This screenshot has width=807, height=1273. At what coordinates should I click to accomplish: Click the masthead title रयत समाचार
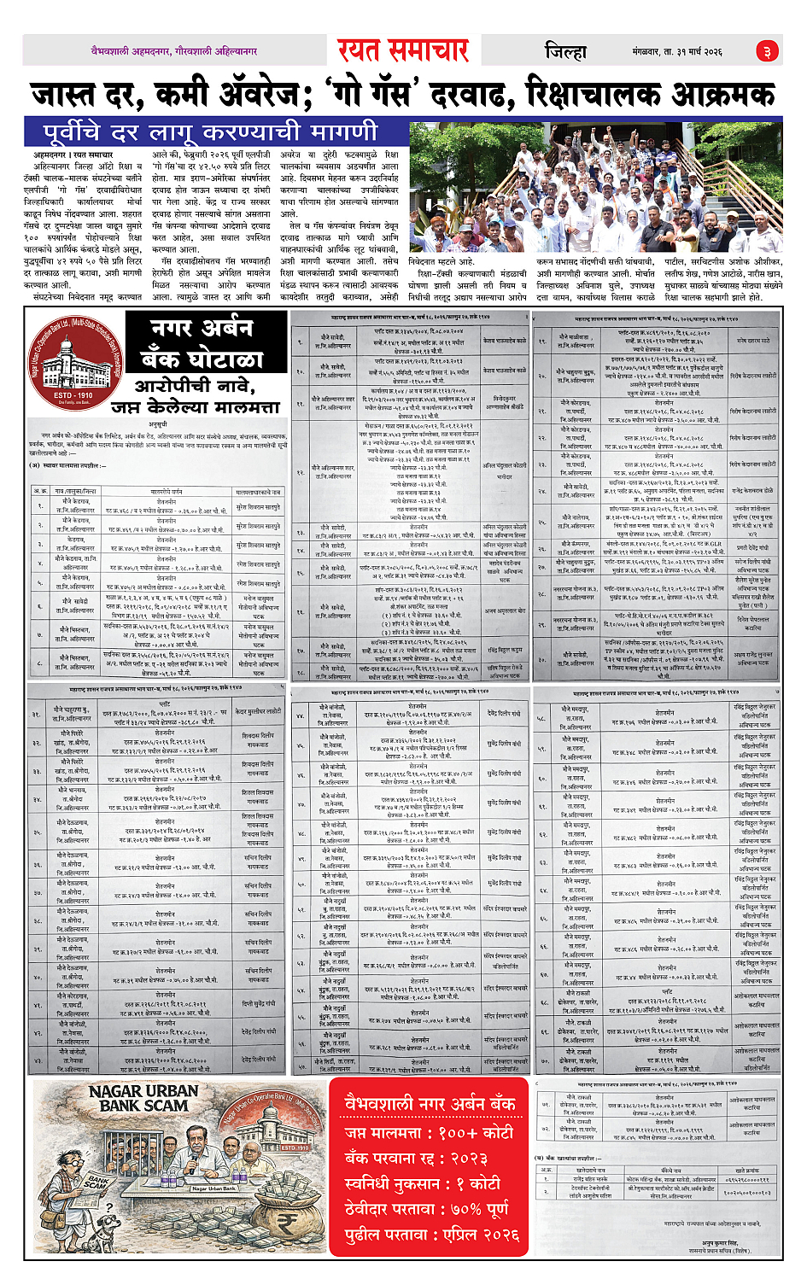tap(403, 51)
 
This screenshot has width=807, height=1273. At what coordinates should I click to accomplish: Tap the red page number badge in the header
tap(767, 52)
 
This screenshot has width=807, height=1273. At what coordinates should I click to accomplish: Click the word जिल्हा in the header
tap(566, 52)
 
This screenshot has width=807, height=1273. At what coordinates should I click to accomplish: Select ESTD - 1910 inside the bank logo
tap(73, 395)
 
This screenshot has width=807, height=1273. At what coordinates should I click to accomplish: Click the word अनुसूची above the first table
tap(158, 424)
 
